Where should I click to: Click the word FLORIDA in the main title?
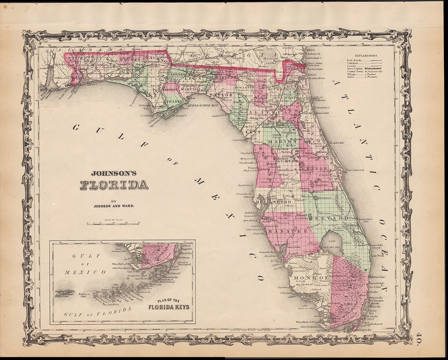point(114,185)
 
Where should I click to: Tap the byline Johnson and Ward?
point(114,206)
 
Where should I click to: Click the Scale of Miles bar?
point(113,223)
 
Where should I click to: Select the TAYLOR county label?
point(222,95)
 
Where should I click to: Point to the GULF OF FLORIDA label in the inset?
point(98,311)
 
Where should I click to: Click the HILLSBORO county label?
point(274,201)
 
